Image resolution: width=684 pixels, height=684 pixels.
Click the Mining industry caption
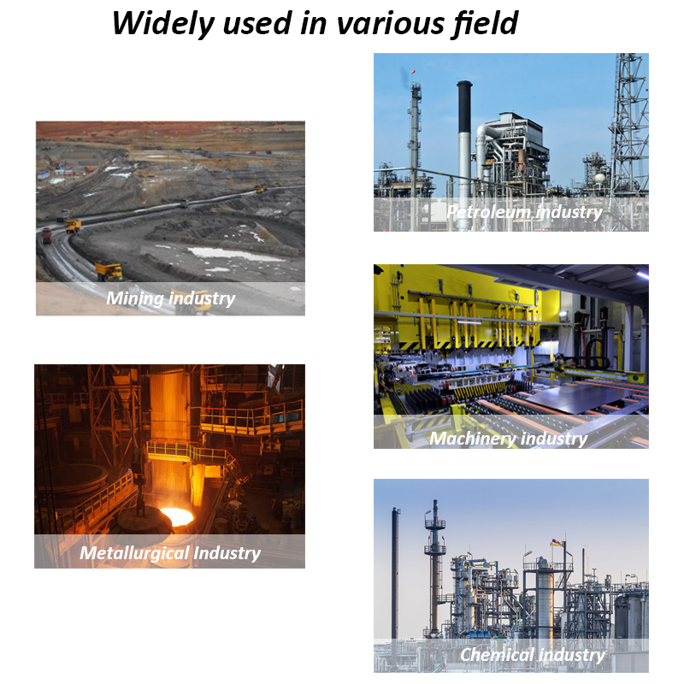click(x=170, y=298)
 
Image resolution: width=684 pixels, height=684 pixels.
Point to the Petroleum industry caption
click(x=524, y=212)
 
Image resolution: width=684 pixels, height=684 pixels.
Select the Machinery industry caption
click(x=509, y=439)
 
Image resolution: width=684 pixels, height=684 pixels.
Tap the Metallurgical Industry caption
click(x=170, y=553)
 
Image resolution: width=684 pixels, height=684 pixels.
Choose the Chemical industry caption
click(x=533, y=655)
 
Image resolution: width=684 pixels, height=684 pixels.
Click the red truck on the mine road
click(x=47, y=236)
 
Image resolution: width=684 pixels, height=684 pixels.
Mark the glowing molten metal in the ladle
click(x=177, y=516)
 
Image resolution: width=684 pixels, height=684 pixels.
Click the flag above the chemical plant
click(x=557, y=542)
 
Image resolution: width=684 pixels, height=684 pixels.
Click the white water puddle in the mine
click(x=233, y=254)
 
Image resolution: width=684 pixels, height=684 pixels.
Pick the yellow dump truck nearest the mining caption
click(x=109, y=271)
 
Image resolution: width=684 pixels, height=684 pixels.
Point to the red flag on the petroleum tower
click(x=413, y=72)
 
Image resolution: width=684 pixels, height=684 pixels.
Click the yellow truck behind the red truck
click(x=74, y=226)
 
